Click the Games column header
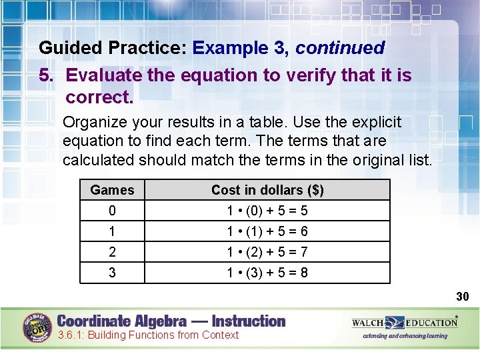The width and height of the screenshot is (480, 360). tap(112, 190)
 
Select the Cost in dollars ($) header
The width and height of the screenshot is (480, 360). tap(267, 190)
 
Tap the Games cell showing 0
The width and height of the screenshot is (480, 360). tap(112, 211)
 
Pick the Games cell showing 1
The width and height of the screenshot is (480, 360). tap(112, 231)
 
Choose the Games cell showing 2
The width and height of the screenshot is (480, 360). tap(112, 252)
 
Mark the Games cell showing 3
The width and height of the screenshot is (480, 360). tap(112, 273)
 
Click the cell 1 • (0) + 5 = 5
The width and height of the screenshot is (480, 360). tap(267, 211)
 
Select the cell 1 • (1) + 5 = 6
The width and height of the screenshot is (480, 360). tap(267, 231)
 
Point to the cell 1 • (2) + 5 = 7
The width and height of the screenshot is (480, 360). tap(267, 252)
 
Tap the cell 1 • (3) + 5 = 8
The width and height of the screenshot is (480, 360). tap(267, 273)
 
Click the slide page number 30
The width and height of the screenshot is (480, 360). tap(463, 296)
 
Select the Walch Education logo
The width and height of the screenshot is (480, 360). tap(405, 323)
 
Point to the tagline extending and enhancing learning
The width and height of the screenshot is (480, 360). tap(405, 336)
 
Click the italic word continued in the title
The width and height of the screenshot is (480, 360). tap(340, 48)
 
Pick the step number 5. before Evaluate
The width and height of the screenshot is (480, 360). tap(47, 75)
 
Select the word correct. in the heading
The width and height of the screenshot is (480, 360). tap(99, 97)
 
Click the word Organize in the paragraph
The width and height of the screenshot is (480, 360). tap(95, 123)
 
